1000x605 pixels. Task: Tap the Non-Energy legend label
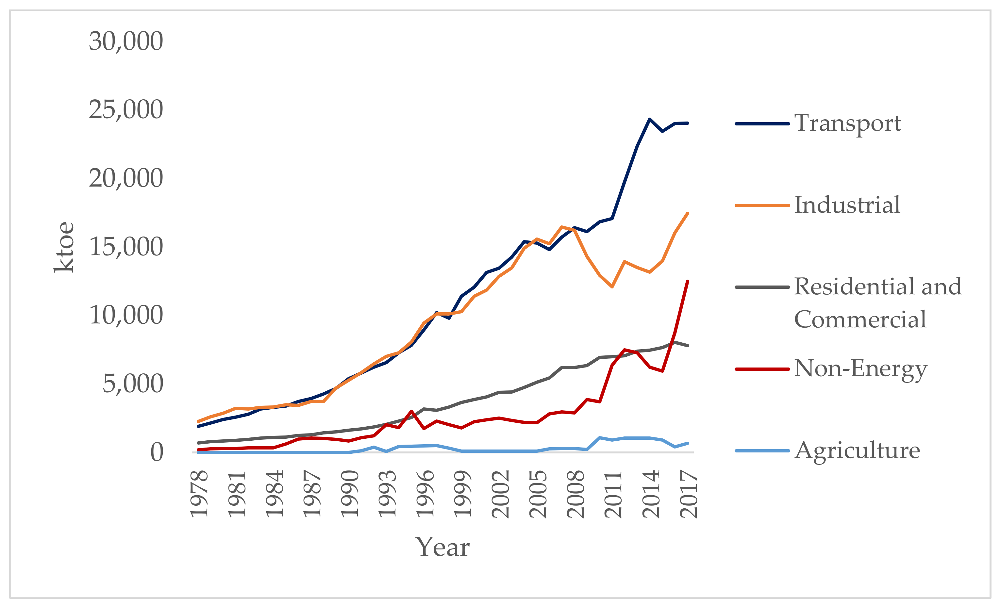click(860, 368)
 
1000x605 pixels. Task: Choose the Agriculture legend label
click(857, 450)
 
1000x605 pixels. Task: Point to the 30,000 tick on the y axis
click(126, 41)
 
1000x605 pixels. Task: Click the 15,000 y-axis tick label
click(126, 246)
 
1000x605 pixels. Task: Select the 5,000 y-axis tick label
click(132, 384)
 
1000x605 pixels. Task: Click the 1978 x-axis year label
click(199, 494)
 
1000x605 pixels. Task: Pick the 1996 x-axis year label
click(425, 494)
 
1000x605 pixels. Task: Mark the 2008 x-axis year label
click(575, 494)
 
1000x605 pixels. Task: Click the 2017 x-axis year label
click(688, 494)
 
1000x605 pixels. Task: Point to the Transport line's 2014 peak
click(649, 119)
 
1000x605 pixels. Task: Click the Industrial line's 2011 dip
click(612, 286)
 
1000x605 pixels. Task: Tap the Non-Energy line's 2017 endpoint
click(688, 281)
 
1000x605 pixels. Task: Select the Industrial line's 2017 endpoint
click(688, 213)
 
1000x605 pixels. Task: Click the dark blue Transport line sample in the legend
click(762, 123)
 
